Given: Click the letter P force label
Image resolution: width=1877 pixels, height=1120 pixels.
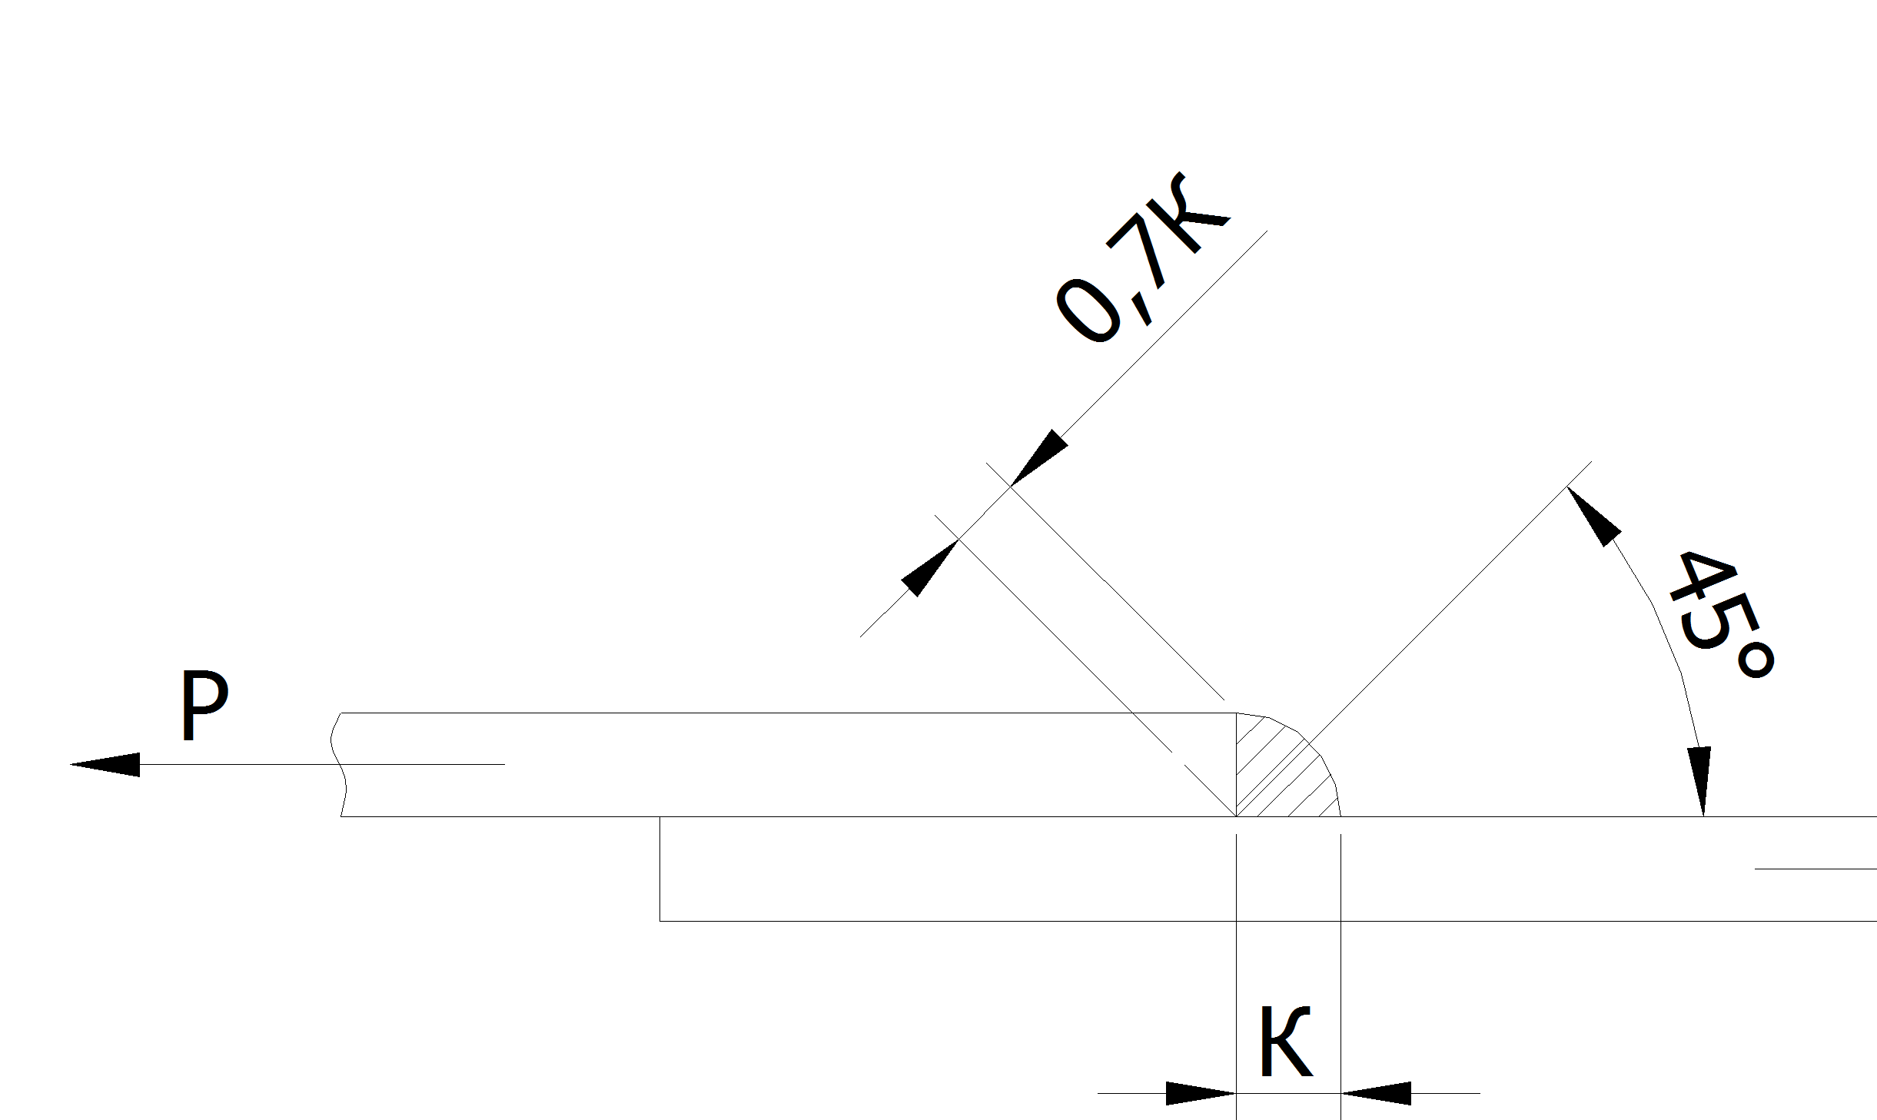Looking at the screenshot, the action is [204, 705].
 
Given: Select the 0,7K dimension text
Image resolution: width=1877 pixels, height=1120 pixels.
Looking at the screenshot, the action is [1142, 258].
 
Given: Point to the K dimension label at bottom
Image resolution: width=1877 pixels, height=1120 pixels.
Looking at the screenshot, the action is [1286, 1042].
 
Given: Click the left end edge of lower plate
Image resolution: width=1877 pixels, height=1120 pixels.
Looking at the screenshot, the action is [660, 869].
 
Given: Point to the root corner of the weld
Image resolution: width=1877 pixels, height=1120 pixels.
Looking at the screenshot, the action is [1236, 816].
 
